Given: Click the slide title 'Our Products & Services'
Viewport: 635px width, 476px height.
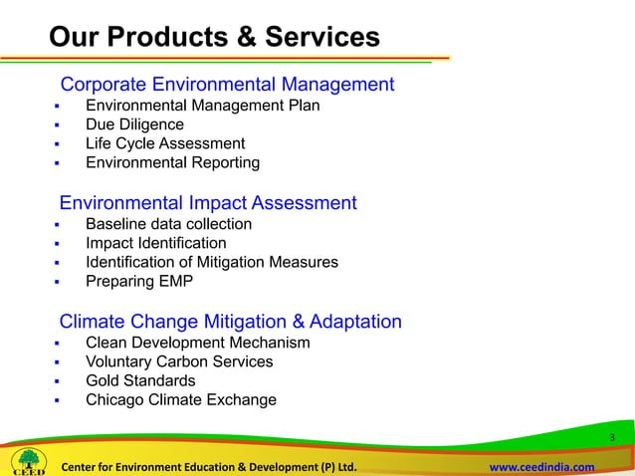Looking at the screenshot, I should point(214,38).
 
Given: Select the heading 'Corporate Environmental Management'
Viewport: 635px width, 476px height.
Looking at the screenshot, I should point(228,85).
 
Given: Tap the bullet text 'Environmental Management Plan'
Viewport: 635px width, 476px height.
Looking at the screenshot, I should point(202,106).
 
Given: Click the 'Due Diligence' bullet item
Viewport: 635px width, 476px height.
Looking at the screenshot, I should point(134,124).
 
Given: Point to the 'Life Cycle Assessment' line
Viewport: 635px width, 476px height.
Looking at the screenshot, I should point(164,143).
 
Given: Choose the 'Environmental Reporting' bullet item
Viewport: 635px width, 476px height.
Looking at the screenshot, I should point(172,162).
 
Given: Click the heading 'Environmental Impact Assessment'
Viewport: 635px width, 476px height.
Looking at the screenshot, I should point(208,203).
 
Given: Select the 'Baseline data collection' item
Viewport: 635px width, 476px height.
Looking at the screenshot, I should point(168,224).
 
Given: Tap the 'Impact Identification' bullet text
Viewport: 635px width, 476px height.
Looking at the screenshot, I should point(155,243).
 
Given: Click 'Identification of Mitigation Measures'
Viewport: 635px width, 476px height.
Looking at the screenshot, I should point(211,262).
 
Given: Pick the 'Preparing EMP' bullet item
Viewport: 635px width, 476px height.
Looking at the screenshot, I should point(138,281).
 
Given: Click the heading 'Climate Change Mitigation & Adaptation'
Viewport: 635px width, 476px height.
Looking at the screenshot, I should point(231,322).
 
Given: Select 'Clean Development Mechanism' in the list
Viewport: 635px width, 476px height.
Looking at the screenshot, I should point(197,343).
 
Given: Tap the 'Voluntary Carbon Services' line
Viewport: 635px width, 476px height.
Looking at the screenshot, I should point(179,361).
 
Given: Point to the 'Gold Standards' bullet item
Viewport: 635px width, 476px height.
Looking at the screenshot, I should point(140,380).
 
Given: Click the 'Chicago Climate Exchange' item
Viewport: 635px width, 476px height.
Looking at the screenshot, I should point(181,399).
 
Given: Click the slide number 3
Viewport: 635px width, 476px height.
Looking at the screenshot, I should point(613,439).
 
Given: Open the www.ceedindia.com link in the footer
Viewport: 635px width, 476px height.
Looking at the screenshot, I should point(543,467).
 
